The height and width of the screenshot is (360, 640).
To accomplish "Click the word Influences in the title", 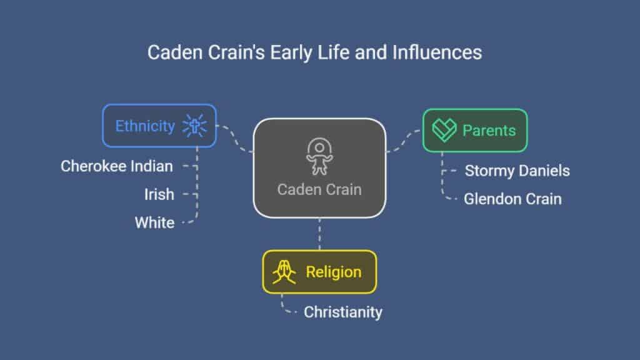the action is [437, 52].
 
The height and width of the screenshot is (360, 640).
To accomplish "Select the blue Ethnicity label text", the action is [145, 126].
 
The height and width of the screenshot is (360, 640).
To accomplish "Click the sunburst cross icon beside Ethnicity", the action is [194, 126].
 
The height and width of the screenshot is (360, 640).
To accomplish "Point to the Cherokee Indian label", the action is [117, 166].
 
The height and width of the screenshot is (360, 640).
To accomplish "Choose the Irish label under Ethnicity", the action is [159, 194].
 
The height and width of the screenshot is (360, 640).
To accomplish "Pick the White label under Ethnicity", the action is [155, 223].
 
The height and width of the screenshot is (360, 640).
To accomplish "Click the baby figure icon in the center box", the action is [319, 156].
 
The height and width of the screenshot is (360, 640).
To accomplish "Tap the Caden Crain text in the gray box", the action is [319, 189].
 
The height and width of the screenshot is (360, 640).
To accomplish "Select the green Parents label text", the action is [489, 131].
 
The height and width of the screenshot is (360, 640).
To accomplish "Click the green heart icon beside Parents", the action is [444, 130].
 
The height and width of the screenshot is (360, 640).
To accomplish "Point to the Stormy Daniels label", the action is [517, 171].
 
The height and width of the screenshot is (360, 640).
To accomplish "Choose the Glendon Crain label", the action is [512, 199].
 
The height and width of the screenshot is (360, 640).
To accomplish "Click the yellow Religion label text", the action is [334, 272].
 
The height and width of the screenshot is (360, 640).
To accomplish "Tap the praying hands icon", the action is [284, 272].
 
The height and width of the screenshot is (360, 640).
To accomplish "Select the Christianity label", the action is [343, 312].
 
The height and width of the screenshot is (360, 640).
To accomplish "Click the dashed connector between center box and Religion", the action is [319, 234].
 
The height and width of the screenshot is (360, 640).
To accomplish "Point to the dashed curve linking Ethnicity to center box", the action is [236, 139].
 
